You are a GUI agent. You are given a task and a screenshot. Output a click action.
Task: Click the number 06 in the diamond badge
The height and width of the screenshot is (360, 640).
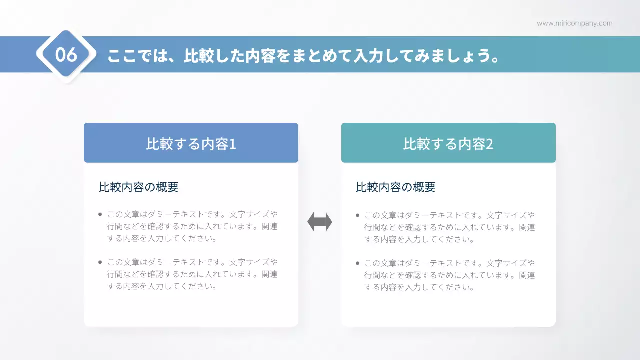tap(66, 55)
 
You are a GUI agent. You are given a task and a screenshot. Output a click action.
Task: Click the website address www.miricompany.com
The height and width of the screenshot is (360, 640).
tap(574, 23)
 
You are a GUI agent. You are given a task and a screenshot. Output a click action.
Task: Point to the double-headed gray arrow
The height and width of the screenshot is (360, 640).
tap(320, 222)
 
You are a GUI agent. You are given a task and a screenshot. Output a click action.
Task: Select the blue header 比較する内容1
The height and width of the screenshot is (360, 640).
tap(191, 143)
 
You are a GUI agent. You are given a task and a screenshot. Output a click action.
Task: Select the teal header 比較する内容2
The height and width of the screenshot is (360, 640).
tap(448, 143)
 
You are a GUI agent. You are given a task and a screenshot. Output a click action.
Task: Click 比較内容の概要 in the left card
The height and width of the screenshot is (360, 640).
tap(139, 187)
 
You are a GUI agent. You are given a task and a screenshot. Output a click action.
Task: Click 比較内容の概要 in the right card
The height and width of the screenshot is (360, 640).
tap(396, 187)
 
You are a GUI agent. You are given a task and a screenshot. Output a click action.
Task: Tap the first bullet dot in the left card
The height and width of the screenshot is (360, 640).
tap(100, 215)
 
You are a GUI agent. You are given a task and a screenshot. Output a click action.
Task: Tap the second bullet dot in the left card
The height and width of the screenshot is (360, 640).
tap(100, 262)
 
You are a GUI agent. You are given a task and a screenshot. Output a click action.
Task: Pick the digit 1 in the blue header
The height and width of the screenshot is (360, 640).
tap(232, 144)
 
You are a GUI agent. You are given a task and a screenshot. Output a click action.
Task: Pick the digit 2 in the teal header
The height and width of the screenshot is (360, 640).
tap(490, 144)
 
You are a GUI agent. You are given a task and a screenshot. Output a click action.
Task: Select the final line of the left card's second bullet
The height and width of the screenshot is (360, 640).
tap(162, 286)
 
